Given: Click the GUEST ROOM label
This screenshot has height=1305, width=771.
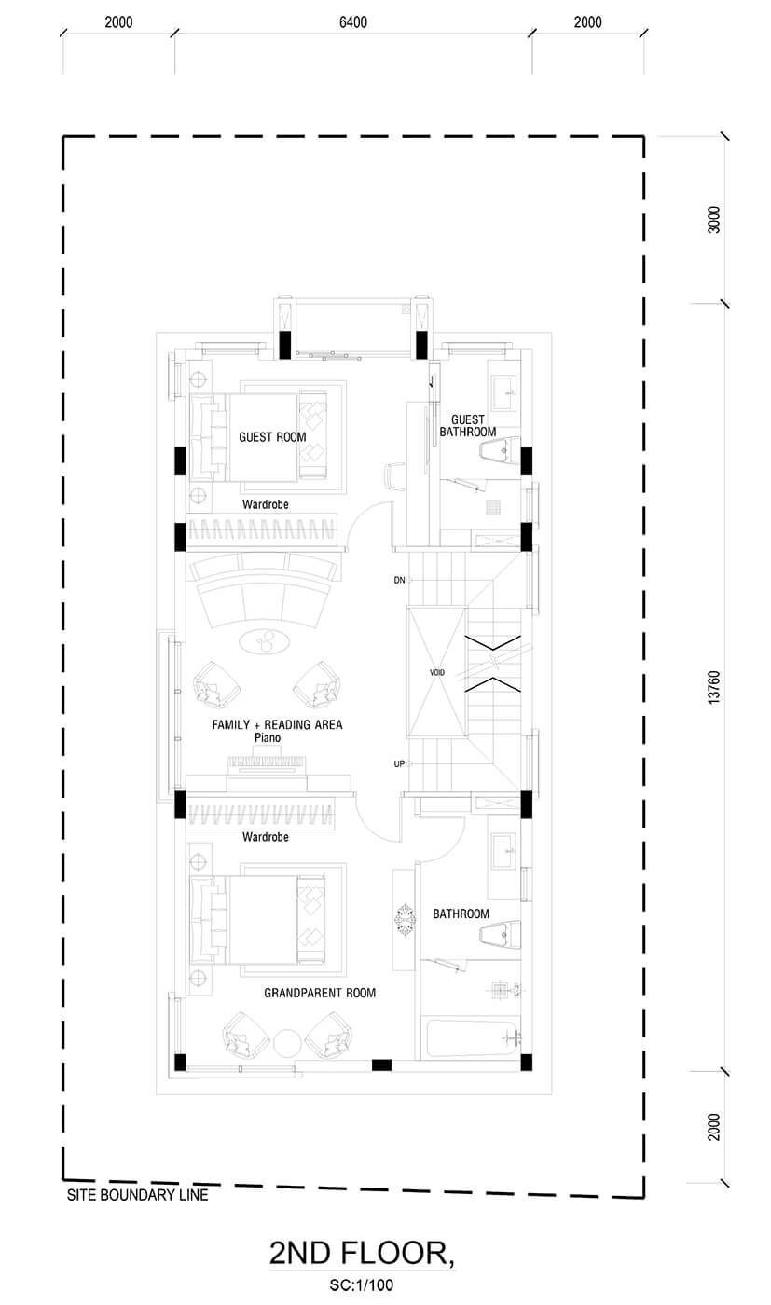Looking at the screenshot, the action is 272,437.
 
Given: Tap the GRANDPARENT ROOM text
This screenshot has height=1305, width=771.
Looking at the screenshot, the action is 320,993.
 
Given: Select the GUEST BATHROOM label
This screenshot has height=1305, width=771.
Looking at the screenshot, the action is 468,426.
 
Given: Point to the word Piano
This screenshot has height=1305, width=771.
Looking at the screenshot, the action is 268,737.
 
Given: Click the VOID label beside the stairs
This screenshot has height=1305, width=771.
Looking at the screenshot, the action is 437,672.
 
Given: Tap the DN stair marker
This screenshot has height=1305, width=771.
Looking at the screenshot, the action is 399,580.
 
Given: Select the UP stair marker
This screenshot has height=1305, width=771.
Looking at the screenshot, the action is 399,763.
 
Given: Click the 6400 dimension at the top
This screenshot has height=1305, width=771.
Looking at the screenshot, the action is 353,22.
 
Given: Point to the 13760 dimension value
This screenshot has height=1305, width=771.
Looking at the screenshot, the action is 714,688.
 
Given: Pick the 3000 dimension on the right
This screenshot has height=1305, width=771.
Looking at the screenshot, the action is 714,220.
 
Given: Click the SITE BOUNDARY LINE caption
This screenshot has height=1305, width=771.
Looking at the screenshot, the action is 138,1195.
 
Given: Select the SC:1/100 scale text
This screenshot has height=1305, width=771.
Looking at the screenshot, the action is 362,1285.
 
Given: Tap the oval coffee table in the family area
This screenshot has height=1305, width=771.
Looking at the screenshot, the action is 265,642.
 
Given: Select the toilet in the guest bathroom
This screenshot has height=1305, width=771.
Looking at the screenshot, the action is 500,449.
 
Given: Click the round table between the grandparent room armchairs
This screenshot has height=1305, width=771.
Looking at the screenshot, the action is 287,1042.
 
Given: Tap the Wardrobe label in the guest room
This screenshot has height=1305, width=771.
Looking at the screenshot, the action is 265,504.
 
